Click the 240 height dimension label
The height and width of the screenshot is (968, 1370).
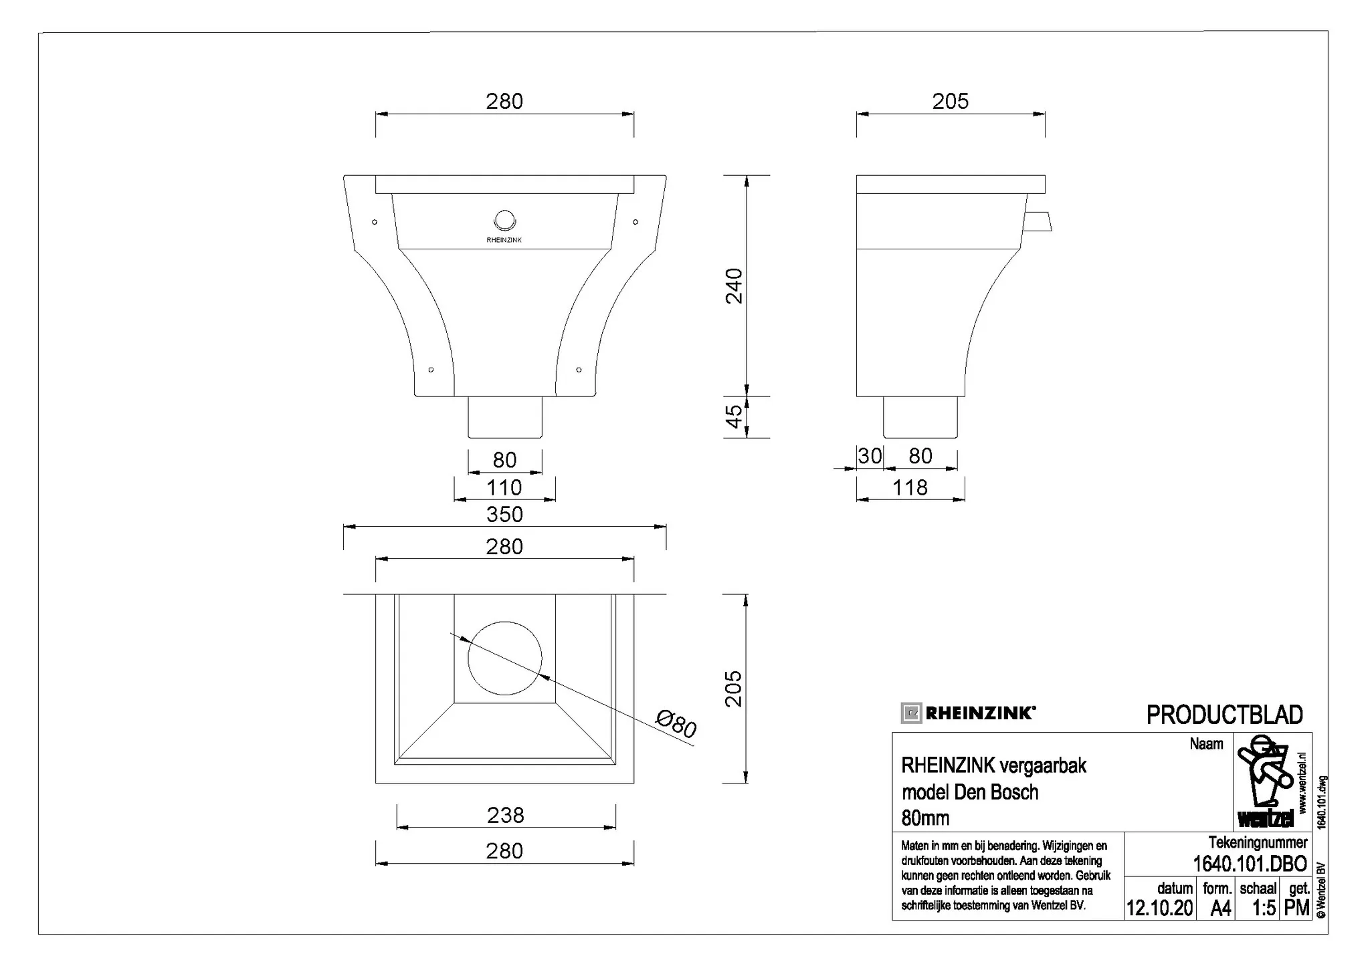coord(734,285)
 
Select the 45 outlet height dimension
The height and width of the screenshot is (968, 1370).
coord(734,416)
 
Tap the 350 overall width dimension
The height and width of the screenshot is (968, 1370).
coord(504,514)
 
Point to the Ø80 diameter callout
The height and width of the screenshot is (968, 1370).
coord(676,725)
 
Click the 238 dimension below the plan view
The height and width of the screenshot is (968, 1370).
coord(506,815)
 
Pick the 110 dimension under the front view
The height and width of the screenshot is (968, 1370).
coord(504,487)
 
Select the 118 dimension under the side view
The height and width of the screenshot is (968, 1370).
coord(910,487)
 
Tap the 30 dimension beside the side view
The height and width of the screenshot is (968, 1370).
coord(870,456)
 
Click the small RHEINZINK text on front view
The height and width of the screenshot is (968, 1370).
coord(504,240)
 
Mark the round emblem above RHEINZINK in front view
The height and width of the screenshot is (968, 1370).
coord(504,221)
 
